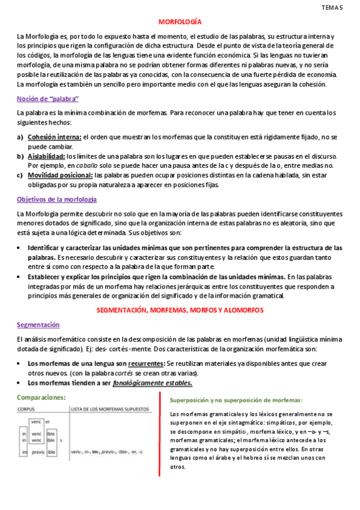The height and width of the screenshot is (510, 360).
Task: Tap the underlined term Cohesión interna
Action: [55, 137]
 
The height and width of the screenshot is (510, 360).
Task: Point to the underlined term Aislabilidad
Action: [46, 156]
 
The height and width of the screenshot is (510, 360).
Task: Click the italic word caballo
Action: [86, 165]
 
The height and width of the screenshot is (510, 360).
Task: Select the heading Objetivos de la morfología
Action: [57, 199]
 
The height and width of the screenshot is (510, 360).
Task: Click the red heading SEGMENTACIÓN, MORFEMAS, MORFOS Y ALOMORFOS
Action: [180, 310]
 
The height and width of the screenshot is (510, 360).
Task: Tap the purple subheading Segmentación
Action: [38, 324]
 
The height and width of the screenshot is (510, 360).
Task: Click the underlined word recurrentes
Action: [144, 363]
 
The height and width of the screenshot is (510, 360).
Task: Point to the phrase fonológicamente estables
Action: [153, 383]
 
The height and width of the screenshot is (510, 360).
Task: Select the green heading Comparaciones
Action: [41, 397]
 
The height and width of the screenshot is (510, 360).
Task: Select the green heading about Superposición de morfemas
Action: [236, 400]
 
